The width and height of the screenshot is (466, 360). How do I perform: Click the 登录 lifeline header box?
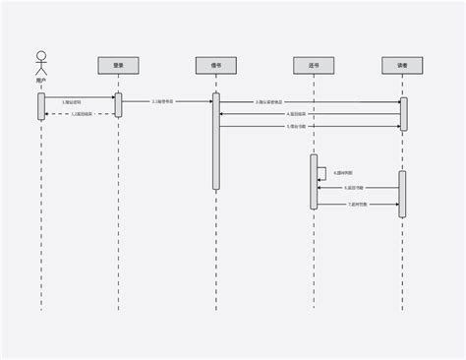pos(118,65)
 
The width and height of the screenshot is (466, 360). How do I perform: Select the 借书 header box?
pos(215,65)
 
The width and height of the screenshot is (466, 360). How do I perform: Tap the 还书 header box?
pos(314,65)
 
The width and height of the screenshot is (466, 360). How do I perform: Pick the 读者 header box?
pos(402,65)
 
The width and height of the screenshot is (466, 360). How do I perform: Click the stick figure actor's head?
pos(40,55)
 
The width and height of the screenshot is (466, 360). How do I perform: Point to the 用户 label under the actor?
pos(40,82)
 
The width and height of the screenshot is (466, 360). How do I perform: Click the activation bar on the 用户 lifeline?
pos(41,106)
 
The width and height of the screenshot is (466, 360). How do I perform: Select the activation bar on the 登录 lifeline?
pos(118,105)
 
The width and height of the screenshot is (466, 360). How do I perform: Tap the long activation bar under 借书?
pos(216,141)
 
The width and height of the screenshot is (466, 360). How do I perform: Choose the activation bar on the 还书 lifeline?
pos(315,181)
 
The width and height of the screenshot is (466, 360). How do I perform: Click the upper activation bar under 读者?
pos(403,114)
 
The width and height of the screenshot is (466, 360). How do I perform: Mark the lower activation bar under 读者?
pos(402,194)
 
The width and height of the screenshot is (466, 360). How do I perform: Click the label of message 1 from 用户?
pos(71,101)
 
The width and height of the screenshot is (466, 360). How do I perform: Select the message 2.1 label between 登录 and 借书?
pos(163,101)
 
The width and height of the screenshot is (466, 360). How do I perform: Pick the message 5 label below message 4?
pos(296,127)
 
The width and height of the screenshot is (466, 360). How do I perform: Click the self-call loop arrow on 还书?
pos(323,172)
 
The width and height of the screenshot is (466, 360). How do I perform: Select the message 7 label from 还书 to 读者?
pos(357,205)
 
